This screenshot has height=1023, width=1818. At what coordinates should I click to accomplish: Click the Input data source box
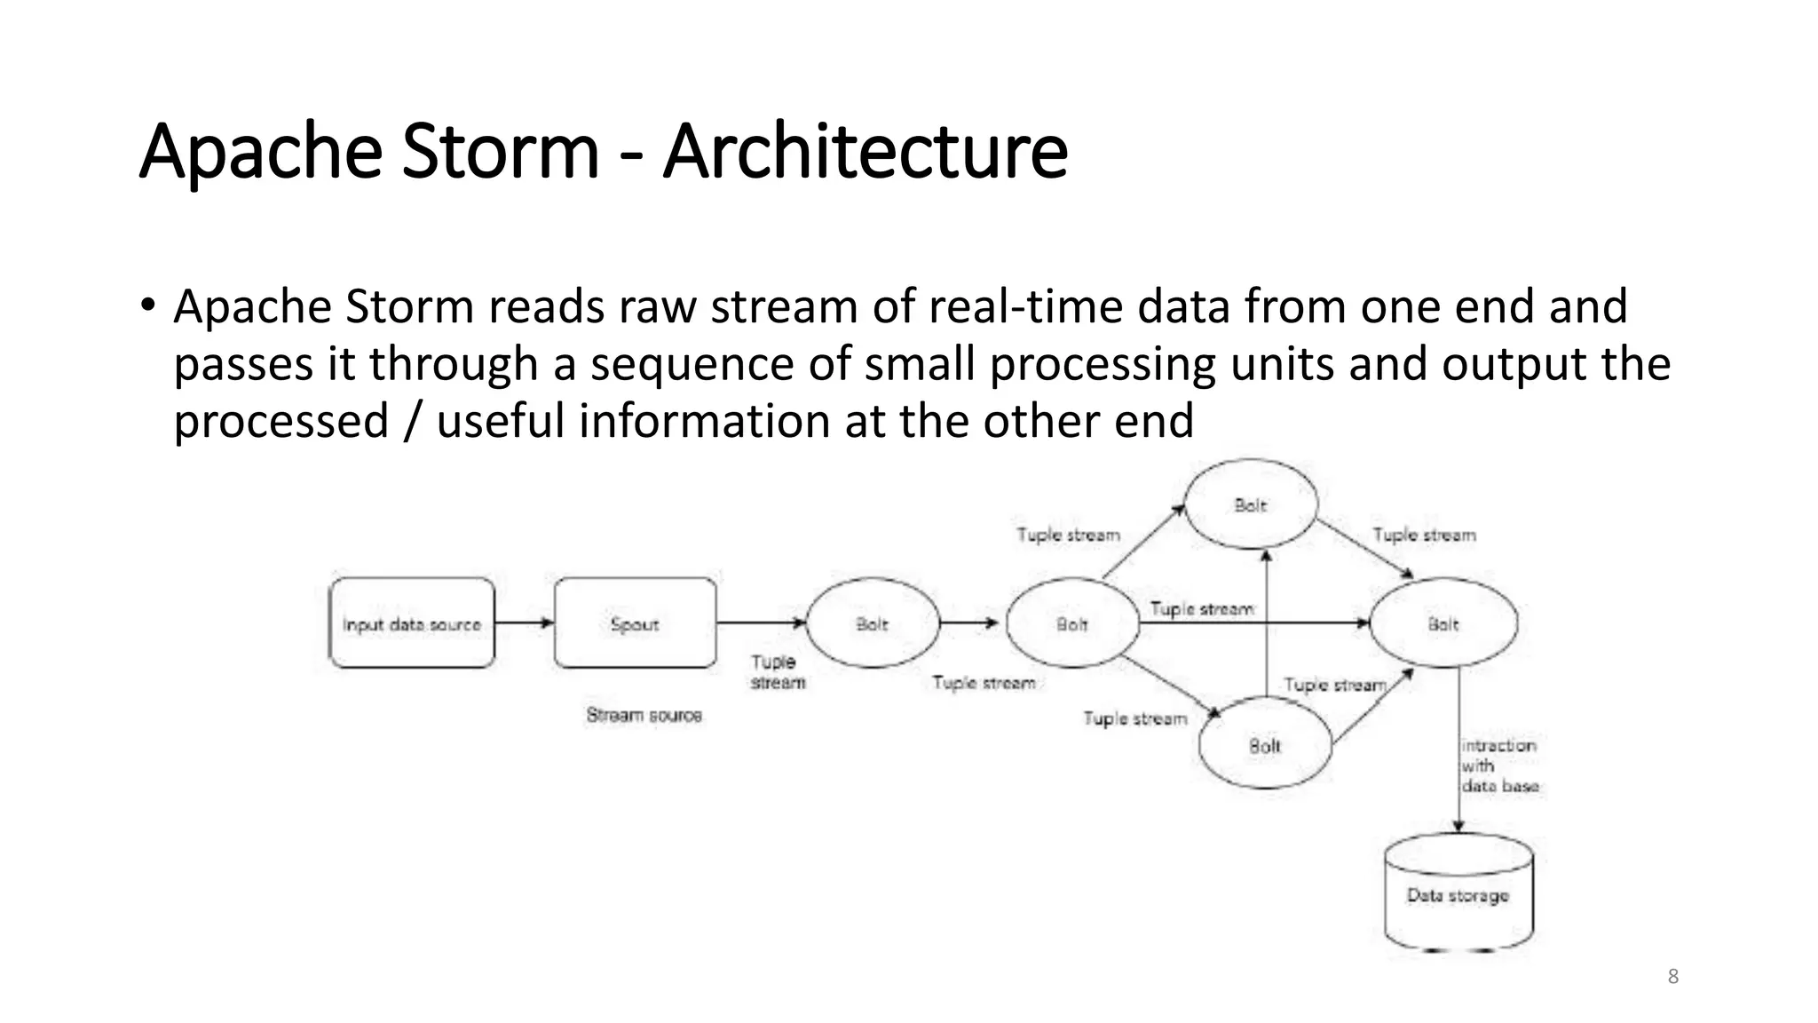tap(412, 623)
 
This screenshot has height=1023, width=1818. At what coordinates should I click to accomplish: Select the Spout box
tap(636, 623)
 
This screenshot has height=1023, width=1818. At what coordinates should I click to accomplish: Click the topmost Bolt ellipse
tap(1251, 504)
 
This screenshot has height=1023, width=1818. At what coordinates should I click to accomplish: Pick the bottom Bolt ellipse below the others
tap(1265, 744)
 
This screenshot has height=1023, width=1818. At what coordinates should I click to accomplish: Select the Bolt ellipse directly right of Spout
tap(873, 623)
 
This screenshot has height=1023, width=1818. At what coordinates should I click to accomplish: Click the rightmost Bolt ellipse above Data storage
tap(1443, 623)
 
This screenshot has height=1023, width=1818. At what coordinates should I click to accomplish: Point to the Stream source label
tap(644, 715)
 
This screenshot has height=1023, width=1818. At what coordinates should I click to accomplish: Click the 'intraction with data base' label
tap(1499, 765)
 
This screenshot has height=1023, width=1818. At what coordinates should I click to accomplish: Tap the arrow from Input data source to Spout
tap(524, 623)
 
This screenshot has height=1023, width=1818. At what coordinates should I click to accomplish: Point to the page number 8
tap(1673, 977)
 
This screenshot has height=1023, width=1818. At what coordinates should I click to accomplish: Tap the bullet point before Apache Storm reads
tap(147, 305)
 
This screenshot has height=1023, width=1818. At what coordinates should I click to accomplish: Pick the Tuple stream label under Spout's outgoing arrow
tap(778, 672)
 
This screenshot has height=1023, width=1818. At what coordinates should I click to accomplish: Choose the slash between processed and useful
tap(411, 421)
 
